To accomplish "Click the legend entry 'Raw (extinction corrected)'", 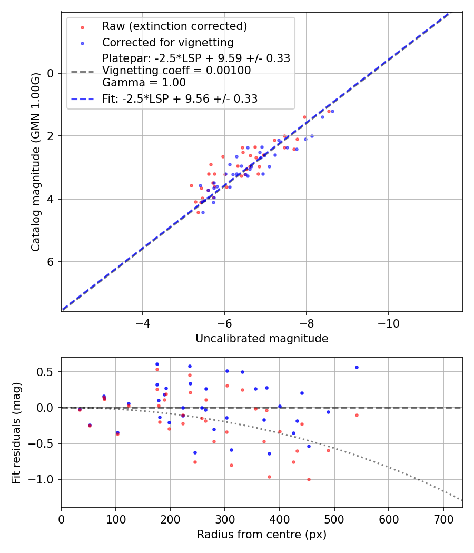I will tap(174, 26).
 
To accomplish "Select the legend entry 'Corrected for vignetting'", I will tap(167, 42).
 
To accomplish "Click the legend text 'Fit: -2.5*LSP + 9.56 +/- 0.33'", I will tap(180, 99).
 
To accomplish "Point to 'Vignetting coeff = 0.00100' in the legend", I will tap(176, 71).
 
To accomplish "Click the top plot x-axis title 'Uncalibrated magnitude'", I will tap(262, 339).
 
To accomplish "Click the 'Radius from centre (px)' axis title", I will tap(262, 535).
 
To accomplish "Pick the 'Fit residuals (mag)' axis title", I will tap(16, 433).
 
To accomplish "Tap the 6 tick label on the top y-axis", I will tap(51, 262).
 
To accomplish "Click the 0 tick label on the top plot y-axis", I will tap(51, 73).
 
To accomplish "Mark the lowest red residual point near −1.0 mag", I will tap(309, 479).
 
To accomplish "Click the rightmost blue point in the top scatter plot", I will tap(332, 111).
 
